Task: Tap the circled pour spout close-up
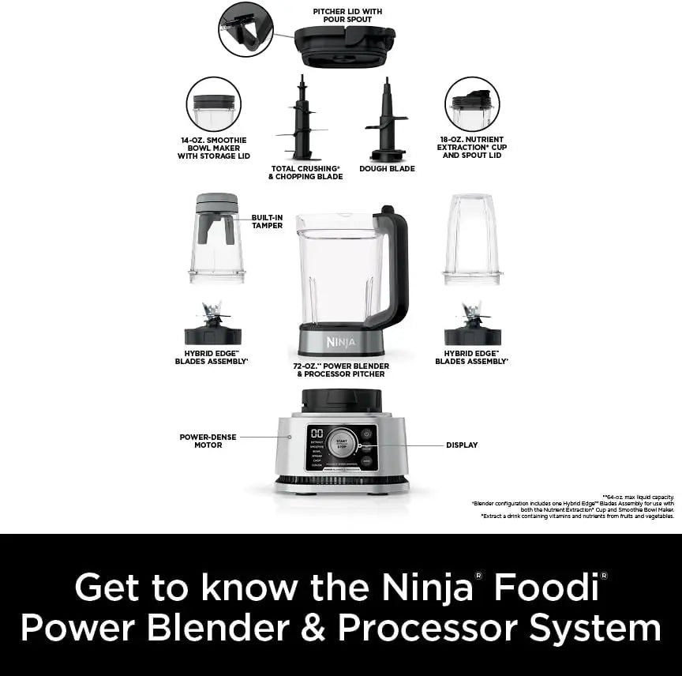pyautogui.click(x=245, y=29)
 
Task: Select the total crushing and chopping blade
pyautogui.click(x=301, y=118)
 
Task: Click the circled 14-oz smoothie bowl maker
pyautogui.click(x=214, y=104)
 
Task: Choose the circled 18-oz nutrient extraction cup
pyautogui.click(x=472, y=104)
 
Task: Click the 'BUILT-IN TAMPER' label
pyautogui.click(x=267, y=221)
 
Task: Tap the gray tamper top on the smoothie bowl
pyautogui.click(x=217, y=205)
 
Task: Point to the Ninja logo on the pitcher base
pyautogui.click(x=341, y=342)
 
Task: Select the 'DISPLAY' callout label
pyautogui.click(x=462, y=445)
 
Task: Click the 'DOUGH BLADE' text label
pyautogui.click(x=387, y=168)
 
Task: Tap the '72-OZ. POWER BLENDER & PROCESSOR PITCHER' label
pyautogui.click(x=341, y=370)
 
